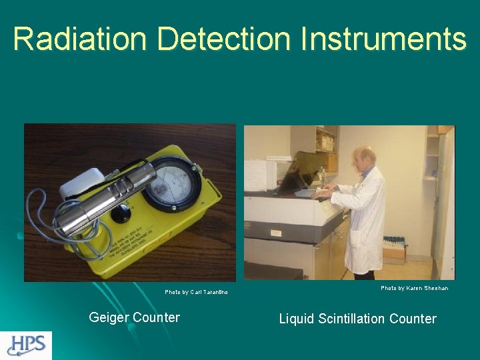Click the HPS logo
(x=26, y=345)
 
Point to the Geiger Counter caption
(x=134, y=317)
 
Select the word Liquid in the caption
(x=297, y=319)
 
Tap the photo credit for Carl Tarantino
(x=196, y=292)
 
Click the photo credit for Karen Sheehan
(x=414, y=288)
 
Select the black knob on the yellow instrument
(x=121, y=215)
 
